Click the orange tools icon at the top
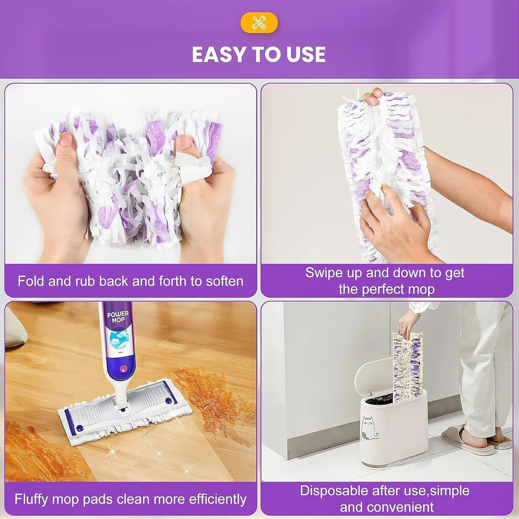click(x=259, y=23)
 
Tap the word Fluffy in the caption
click(x=32, y=499)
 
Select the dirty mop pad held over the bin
click(x=407, y=365)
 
